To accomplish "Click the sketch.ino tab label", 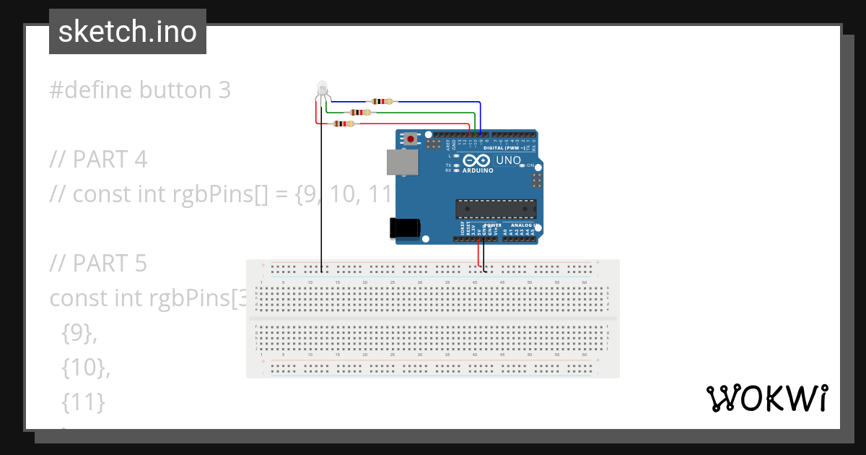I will coord(128,32).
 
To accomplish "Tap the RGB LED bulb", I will coord(322,88).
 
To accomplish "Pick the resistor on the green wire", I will coord(359,113).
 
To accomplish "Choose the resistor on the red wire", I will coord(342,123).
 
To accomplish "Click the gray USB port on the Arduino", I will coord(401,162).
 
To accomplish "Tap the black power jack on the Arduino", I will coord(405,227).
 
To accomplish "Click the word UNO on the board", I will coord(508,160).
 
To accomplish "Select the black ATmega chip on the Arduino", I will coord(495,209).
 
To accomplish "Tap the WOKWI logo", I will coord(766,398).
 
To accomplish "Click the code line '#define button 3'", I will coord(140,90).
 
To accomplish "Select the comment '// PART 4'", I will coord(98,159).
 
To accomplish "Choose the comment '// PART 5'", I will coord(98,264).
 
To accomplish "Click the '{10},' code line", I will coord(86,368).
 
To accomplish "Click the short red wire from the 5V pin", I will coord(478,253).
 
